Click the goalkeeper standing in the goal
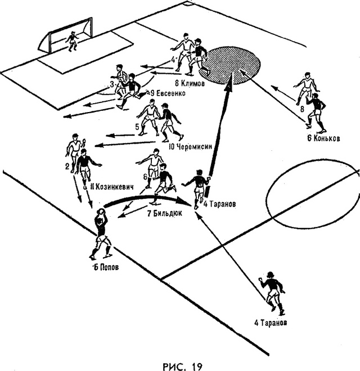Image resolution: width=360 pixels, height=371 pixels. [71, 42]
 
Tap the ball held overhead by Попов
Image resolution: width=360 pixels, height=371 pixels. [101, 211]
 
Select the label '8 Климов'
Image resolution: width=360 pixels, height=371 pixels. [190, 83]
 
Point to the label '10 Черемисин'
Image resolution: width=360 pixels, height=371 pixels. [190, 147]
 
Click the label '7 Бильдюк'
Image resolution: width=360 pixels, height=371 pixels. [165, 213]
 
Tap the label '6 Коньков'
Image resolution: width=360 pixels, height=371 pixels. [323, 138]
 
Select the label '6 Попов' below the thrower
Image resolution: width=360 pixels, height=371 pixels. [106, 267]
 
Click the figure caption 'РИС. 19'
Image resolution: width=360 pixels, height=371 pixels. [183, 366]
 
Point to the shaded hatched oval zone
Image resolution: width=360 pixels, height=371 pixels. [229, 65]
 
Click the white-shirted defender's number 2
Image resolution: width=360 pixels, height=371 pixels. [67, 167]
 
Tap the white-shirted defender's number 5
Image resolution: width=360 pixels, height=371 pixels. [137, 127]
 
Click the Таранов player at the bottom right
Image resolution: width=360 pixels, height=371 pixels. [273, 293]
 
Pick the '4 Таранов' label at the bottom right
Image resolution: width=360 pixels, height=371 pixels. [271, 323]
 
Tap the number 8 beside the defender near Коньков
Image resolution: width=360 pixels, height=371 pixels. [302, 109]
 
